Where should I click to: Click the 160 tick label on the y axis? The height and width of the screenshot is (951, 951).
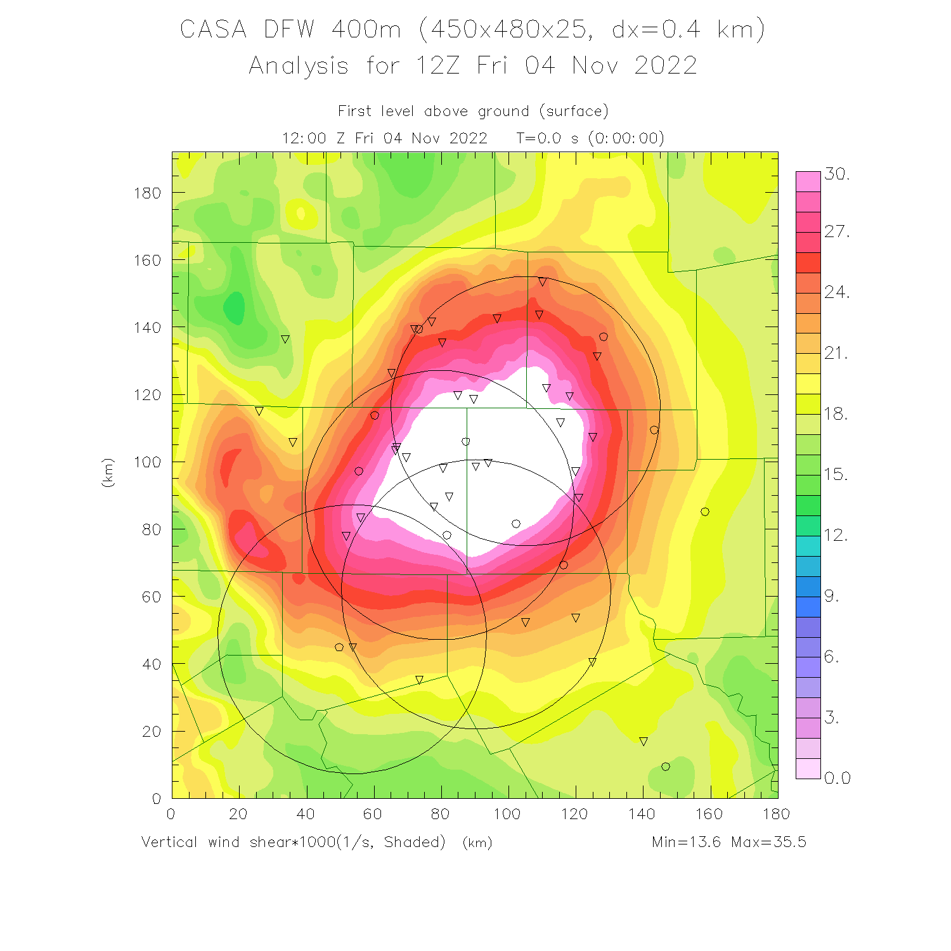tap(147, 260)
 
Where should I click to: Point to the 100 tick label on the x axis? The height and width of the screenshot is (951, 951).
tap(507, 814)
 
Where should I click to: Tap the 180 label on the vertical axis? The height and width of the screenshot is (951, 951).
tap(147, 193)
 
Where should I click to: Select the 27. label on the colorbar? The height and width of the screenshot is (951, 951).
tap(837, 231)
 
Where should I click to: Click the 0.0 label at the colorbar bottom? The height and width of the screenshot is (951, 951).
tap(837, 778)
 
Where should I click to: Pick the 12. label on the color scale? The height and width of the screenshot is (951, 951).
tap(837, 535)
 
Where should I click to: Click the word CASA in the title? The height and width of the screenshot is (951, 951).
tap(213, 30)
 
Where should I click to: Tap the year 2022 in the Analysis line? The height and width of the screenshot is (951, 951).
tap(666, 65)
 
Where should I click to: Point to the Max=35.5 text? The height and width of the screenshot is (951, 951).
tap(768, 842)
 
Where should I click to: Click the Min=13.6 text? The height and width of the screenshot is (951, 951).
tap(687, 842)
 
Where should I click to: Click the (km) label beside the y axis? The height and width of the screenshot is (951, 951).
tap(108, 472)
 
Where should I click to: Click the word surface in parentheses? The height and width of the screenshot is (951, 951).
tap(574, 112)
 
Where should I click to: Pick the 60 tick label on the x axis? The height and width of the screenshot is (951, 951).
tap(372, 814)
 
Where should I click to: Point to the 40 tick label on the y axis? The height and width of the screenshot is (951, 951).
tap(152, 664)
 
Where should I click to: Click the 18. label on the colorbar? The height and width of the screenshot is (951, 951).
tap(837, 414)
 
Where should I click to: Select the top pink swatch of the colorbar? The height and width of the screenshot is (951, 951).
tap(808, 181)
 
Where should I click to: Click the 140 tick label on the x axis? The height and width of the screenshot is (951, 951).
tap(642, 814)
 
